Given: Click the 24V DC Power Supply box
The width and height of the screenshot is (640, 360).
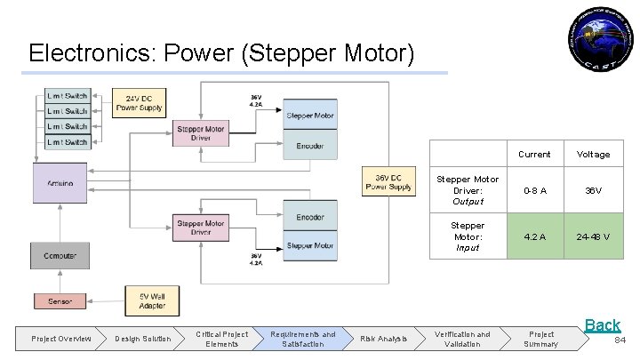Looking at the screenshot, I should [x=139, y=103].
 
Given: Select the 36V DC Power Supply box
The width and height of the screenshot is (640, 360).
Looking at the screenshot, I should [x=388, y=181].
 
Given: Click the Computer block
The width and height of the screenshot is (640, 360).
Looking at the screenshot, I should [x=60, y=256].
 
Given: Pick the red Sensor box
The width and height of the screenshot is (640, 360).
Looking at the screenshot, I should [x=60, y=301].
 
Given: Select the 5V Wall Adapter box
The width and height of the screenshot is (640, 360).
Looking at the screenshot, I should [x=152, y=300].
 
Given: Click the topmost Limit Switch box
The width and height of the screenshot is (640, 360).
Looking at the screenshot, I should [x=68, y=96].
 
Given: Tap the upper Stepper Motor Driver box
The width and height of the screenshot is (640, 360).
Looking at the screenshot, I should [x=201, y=133].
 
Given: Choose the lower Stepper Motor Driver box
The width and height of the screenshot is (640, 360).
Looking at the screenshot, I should [x=201, y=228].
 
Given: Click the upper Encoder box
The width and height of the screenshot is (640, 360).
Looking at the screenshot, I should [x=310, y=146].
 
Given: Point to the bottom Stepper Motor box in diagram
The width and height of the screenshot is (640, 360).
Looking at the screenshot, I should [x=310, y=245].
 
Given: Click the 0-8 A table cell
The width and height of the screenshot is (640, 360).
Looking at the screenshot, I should [x=534, y=190].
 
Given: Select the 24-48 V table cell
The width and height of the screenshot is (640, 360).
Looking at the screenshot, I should [x=593, y=236].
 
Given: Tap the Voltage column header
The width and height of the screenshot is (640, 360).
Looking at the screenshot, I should [x=593, y=154].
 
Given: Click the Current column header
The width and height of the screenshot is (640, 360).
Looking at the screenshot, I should [x=534, y=154].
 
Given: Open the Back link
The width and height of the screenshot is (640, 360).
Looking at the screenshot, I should [x=602, y=325].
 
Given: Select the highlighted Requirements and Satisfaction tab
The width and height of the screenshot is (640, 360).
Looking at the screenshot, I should [x=304, y=339].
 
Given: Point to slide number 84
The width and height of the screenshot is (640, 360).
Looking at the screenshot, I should [x=620, y=340].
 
